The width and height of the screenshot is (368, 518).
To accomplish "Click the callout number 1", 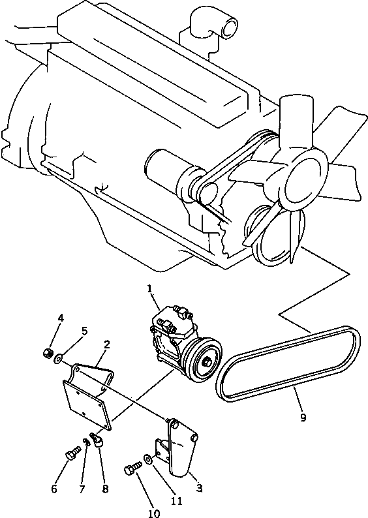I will coord(149,288).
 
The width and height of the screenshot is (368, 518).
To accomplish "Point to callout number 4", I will coord(61,318).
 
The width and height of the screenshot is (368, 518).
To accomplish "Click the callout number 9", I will coord(302,418).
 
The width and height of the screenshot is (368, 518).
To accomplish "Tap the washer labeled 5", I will coord(59,358).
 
